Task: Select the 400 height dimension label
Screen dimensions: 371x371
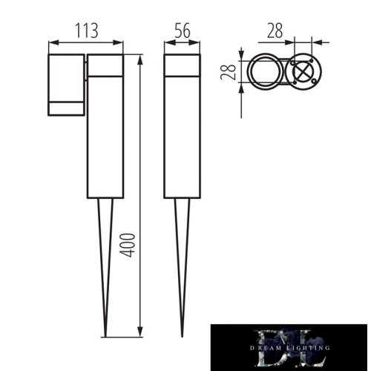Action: pyautogui.click(x=128, y=243)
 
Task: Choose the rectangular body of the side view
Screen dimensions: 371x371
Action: pyautogui.click(x=183, y=137)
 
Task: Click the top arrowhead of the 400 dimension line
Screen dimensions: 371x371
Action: pyautogui.click(x=141, y=56)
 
